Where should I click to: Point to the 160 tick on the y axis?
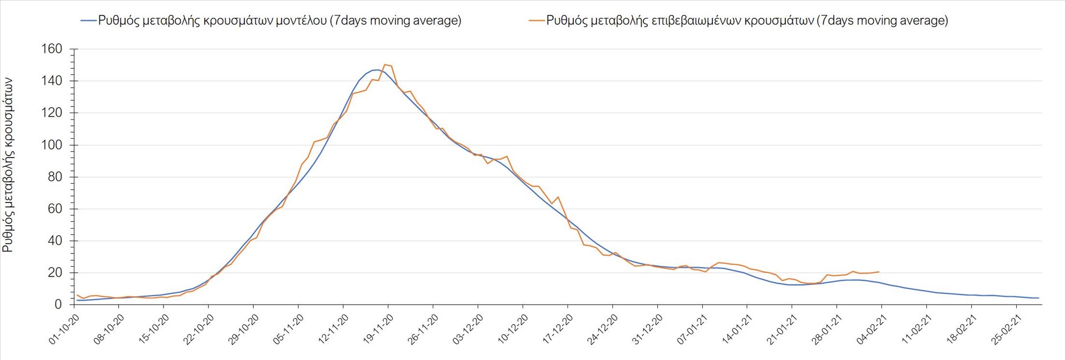point(52,49)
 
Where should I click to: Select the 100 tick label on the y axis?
point(52,145)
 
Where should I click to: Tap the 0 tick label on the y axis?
point(58,305)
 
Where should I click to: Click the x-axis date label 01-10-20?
point(64,329)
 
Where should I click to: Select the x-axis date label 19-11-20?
point(378,329)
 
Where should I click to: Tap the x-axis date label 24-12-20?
point(603,329)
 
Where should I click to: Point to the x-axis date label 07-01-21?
point(693,329)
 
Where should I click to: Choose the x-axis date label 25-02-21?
point(1007,329)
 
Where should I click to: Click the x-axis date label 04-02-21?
point(872,329)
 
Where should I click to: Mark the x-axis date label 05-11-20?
point(288,329)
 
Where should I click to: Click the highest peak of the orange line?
point(386,64)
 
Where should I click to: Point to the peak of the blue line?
point(377,69)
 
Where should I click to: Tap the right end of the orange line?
point(879,272)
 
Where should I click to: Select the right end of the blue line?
point(1038,298)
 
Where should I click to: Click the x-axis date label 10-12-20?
point(513,329)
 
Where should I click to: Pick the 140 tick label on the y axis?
point(52,81)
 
